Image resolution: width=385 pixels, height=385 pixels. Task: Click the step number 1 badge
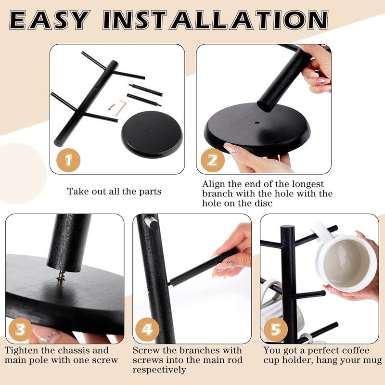coord(68,160)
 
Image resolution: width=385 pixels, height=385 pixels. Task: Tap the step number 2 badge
coord(213,160)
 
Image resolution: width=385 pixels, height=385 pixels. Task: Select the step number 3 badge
coord(20,329)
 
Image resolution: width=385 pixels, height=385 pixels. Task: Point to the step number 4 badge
coord(147,329)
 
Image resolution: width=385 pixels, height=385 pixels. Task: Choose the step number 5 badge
coord(275,329)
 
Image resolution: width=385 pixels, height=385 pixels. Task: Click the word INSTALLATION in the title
coord(216,20)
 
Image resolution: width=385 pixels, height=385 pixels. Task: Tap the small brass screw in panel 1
coord(112,107)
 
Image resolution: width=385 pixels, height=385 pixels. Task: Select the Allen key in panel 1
coord(121,107)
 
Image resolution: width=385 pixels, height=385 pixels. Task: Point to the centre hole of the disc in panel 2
coord(257,122)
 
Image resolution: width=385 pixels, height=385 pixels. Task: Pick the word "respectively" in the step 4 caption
coord(159,370)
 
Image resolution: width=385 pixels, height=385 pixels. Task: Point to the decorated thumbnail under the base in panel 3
coord(47,335)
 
